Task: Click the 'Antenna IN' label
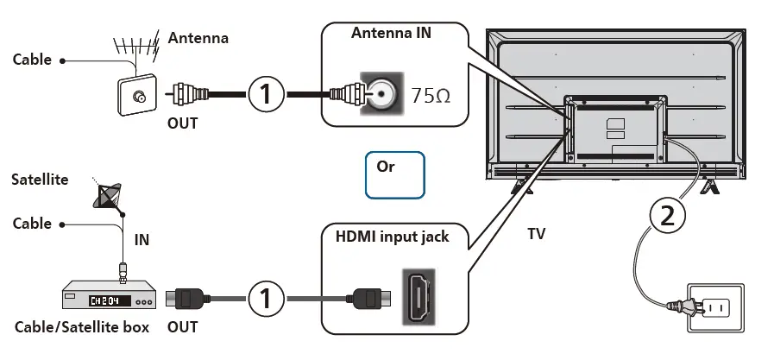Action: (x=391, y=33)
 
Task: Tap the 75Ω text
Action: (x=431, y=95)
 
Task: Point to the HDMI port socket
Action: (x=420, y=297)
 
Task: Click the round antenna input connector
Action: (x=381, y=93)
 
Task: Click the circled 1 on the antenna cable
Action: (x=267, y=93)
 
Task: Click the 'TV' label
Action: (x=537, y=234)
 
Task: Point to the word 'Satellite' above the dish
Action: (x=40, y=180)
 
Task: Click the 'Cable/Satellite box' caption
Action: (x=82, y=328)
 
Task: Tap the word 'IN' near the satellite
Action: (x=142, y=240)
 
